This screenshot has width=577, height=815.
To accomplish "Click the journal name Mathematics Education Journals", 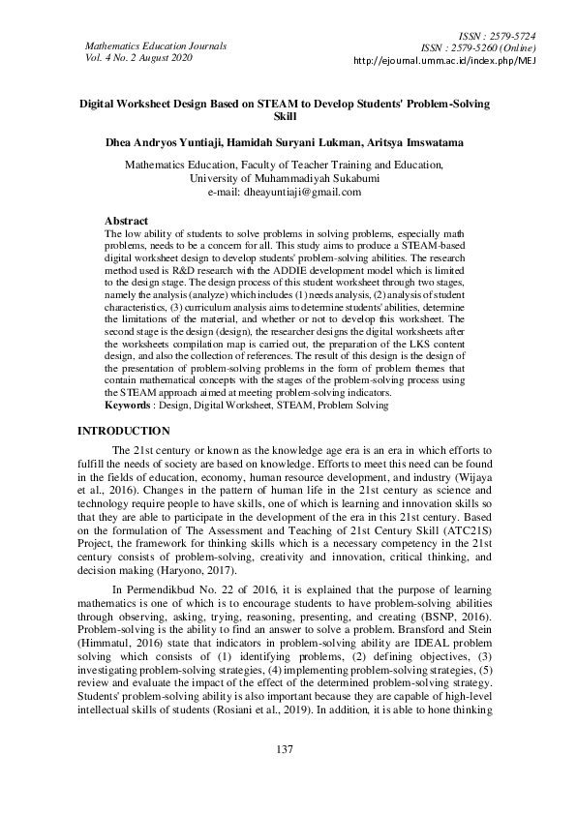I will coord(156,45).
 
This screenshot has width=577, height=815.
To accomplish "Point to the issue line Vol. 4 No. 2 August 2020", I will coord(139,58).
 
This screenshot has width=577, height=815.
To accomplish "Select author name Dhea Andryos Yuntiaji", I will coord(168,142).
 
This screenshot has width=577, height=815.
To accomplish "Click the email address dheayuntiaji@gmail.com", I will coord(310,192).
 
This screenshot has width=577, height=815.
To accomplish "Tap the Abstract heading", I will coord(126,221).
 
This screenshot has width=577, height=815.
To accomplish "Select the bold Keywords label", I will coord(131,404).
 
